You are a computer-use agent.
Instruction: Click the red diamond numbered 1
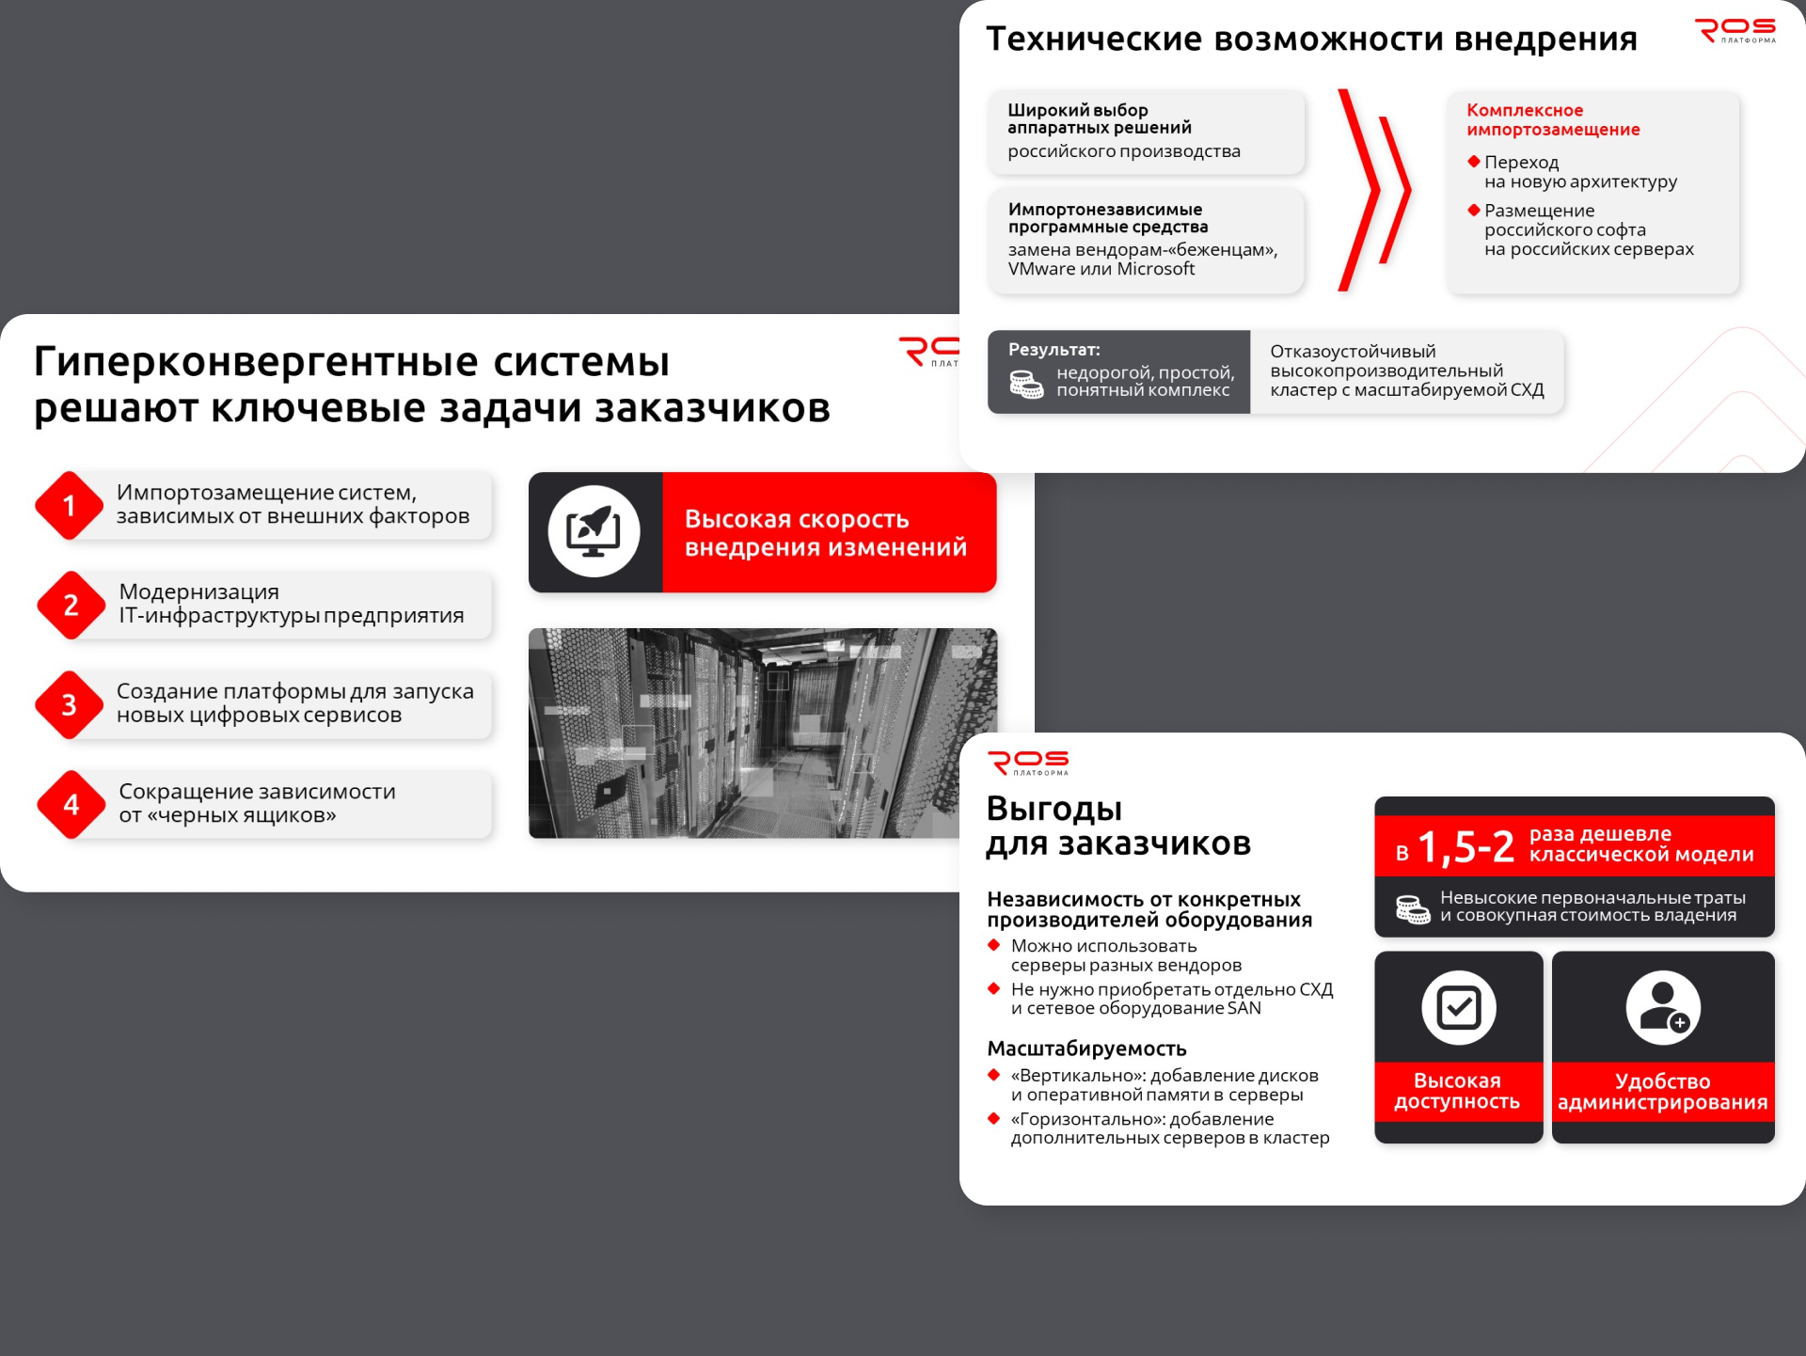69,506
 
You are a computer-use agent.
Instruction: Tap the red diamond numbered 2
71,606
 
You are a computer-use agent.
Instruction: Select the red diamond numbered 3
69,705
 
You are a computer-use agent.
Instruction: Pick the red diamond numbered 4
71,805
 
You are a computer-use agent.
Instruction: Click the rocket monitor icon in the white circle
594,532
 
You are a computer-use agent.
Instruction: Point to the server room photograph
763,733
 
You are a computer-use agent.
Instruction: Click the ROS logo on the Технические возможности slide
1735,31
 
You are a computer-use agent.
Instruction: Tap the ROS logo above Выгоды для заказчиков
1028,763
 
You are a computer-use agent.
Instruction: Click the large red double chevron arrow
1374,190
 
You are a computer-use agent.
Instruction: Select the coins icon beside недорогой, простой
1025,384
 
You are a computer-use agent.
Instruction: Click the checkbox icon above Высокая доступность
1459,1008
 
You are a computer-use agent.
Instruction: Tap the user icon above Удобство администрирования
1663,1008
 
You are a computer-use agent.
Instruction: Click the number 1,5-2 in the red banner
1465,847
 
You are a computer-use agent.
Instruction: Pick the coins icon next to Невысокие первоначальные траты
1413,909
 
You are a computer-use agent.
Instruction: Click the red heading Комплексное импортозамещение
1553,119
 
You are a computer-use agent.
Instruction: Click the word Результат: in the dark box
1054,350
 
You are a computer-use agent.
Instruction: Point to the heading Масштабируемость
1086,1049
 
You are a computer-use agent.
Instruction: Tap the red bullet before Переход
1474,161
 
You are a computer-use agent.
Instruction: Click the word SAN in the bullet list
1244,1008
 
